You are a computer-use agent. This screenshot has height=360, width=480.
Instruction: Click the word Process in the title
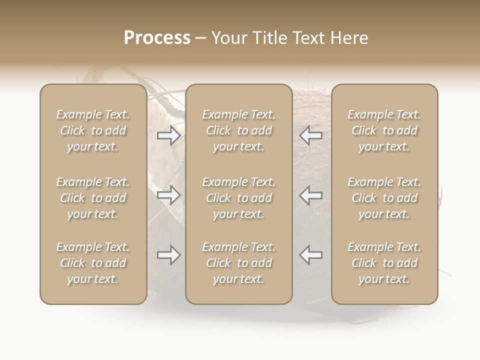point(157,38)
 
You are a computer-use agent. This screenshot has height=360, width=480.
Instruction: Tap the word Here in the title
point(350,38)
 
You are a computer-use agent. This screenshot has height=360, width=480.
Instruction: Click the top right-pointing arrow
point(168,135)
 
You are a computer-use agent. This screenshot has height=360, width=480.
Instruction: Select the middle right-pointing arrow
point(168,195)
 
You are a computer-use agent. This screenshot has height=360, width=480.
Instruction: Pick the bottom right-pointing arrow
point(168,255)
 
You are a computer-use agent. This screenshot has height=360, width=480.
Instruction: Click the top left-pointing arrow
point(311,135)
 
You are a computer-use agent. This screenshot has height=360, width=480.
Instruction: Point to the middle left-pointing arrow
point(311,195)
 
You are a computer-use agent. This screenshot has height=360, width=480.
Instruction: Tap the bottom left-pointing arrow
point(311,254)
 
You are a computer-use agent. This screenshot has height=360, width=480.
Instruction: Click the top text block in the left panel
point(93,130)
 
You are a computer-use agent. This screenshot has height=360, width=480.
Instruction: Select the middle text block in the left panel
point(93,198)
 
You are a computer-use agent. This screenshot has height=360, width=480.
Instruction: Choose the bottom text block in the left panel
point(93,263)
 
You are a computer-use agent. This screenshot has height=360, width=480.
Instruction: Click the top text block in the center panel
point(239,130)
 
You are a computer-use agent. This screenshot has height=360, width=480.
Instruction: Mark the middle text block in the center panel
point(239,198)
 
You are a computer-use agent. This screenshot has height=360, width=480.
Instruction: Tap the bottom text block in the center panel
point(239,263)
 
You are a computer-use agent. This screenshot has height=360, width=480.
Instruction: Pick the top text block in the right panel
point(384,130)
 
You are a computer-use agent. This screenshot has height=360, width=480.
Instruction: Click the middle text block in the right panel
point(384,198)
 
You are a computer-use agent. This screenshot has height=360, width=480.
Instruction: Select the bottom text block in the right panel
point(384,263)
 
